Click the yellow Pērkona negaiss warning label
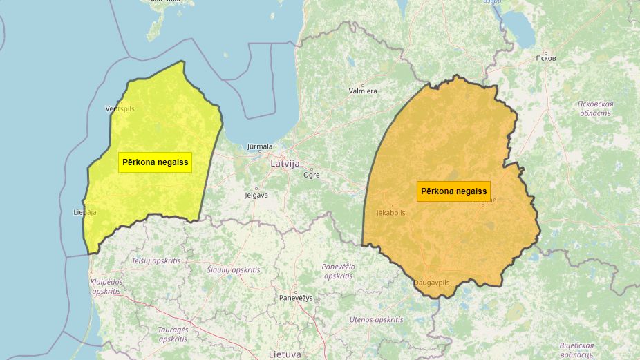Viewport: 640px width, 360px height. pyautogui.click(x=155, y=162)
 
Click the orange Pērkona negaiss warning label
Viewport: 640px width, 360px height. pyautogui.click(x=453, y=191)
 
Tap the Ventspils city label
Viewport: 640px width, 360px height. pyautogui.click(x=120, y=109)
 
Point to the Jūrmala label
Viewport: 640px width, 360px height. pyautogui.click(x=261, y=146)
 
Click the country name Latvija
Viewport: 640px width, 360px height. pyautogui.click(x=285, y=164)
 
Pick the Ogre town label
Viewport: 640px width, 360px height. pyautogui.click(x=312, y=175)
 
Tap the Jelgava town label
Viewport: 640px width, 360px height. pyautogui.click(x=256, y=195)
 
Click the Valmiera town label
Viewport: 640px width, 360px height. pyautogui.click(x=363, y=91)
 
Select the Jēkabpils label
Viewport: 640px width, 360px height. pyautogui.click(x=391, y=213)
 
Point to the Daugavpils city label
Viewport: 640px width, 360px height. pyautogui.click(x=432, y=283)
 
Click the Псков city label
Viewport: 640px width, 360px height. pyautogui.click(x=545, y=58)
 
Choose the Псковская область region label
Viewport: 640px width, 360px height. pyautogui.click(x=595, y=108)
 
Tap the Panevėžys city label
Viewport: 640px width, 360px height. pyautogui.click(x=296, y=297)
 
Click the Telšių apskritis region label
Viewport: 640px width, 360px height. pyautogui.click(x=156, y=260)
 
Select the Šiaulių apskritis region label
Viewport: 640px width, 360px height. pyautogui.click(x=234, y=269)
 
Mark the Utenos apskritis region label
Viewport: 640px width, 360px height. pyautogui.click(x=376, y=319)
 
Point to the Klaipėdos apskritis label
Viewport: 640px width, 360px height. pyautogui.click(x=105, y=286)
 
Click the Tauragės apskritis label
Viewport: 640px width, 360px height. pyautogui.click(x=172, y=334)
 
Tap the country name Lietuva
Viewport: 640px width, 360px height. pyautogui.click(x=285, y=354)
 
